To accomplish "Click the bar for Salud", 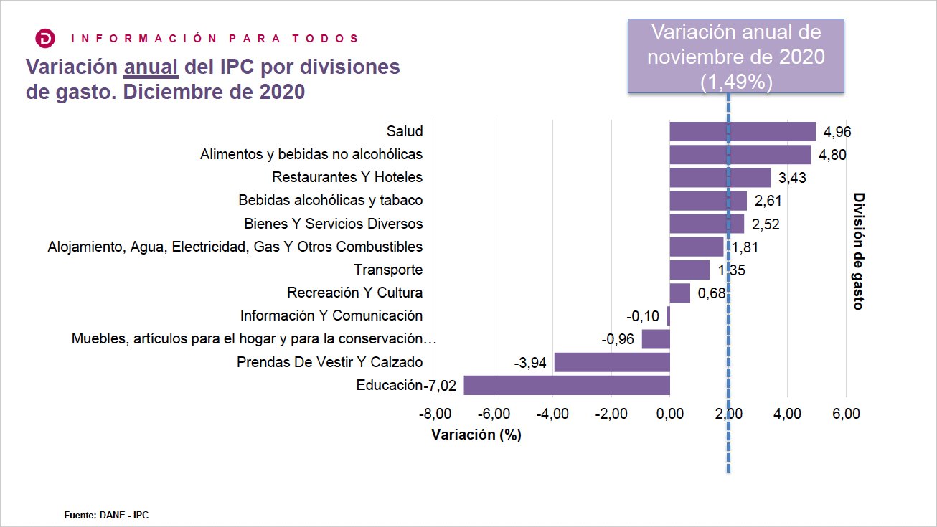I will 743,132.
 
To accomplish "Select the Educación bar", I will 567,385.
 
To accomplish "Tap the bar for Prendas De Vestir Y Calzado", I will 612,362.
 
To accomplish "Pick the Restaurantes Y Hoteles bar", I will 720,178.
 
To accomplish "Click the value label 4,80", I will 832,155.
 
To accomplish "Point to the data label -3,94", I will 530,363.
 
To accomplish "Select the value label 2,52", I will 766,224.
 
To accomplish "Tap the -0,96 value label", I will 618,339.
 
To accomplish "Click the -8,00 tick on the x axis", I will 435,414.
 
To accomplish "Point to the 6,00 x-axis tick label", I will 846,414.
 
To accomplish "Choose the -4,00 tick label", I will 552,414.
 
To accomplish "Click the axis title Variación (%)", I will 476,435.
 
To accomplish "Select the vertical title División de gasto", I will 857,251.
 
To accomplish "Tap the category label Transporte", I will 388,270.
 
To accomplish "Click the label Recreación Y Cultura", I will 354,293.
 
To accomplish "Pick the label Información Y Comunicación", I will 331,315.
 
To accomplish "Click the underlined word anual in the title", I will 151,67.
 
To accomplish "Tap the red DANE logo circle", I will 45,39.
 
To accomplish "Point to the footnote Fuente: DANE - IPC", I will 106,515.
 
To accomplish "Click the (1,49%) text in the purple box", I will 735,82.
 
